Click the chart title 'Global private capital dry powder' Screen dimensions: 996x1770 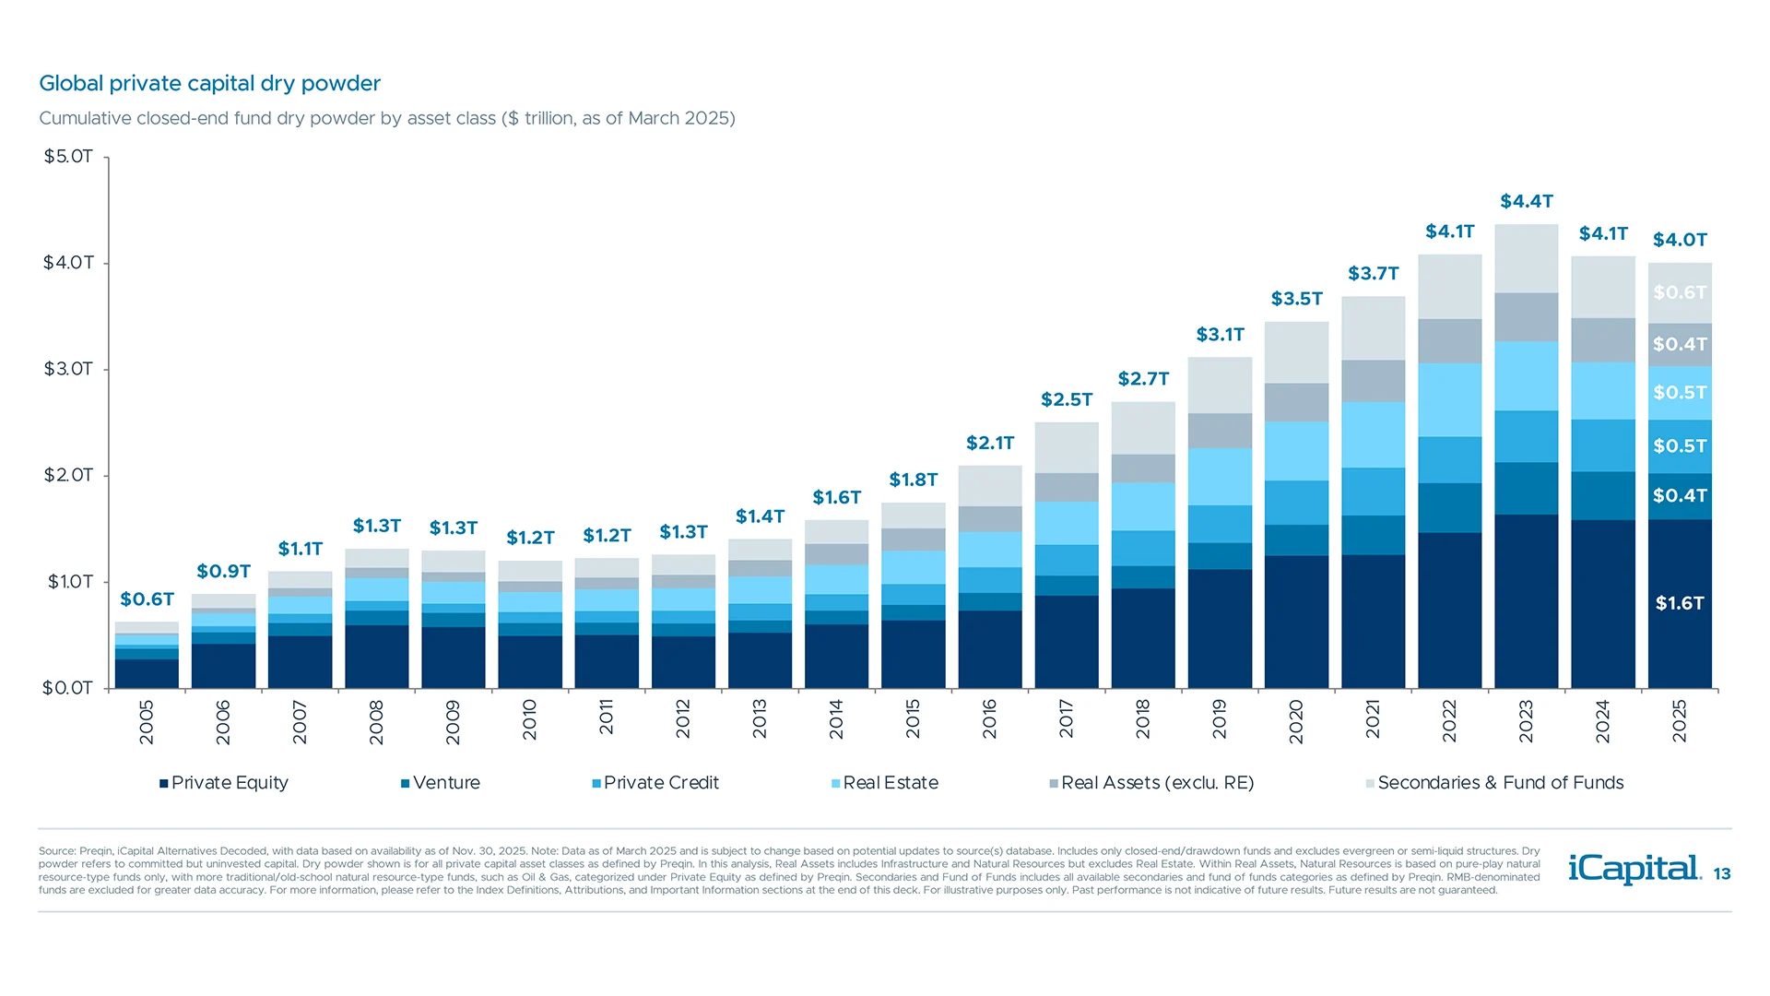tap(209, 84)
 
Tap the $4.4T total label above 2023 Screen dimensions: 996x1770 tap(1527, 201)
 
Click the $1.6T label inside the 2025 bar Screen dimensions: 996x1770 tap(1680, 603)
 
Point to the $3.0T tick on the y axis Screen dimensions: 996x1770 tap(68, 369)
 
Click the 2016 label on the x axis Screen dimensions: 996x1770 tap(990, 719)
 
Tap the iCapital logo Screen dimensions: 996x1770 tap(1634, 869)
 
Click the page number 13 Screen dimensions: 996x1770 tap(1722, 874)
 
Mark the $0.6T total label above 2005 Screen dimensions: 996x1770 tap(147, 599)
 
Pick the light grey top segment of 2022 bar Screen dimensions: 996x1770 tap(1450, 287)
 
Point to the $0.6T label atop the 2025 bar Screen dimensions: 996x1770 tap(1680, 292)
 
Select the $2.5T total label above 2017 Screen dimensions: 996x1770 tap(1067, 399)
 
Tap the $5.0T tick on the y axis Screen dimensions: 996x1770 tap(68, 157)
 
